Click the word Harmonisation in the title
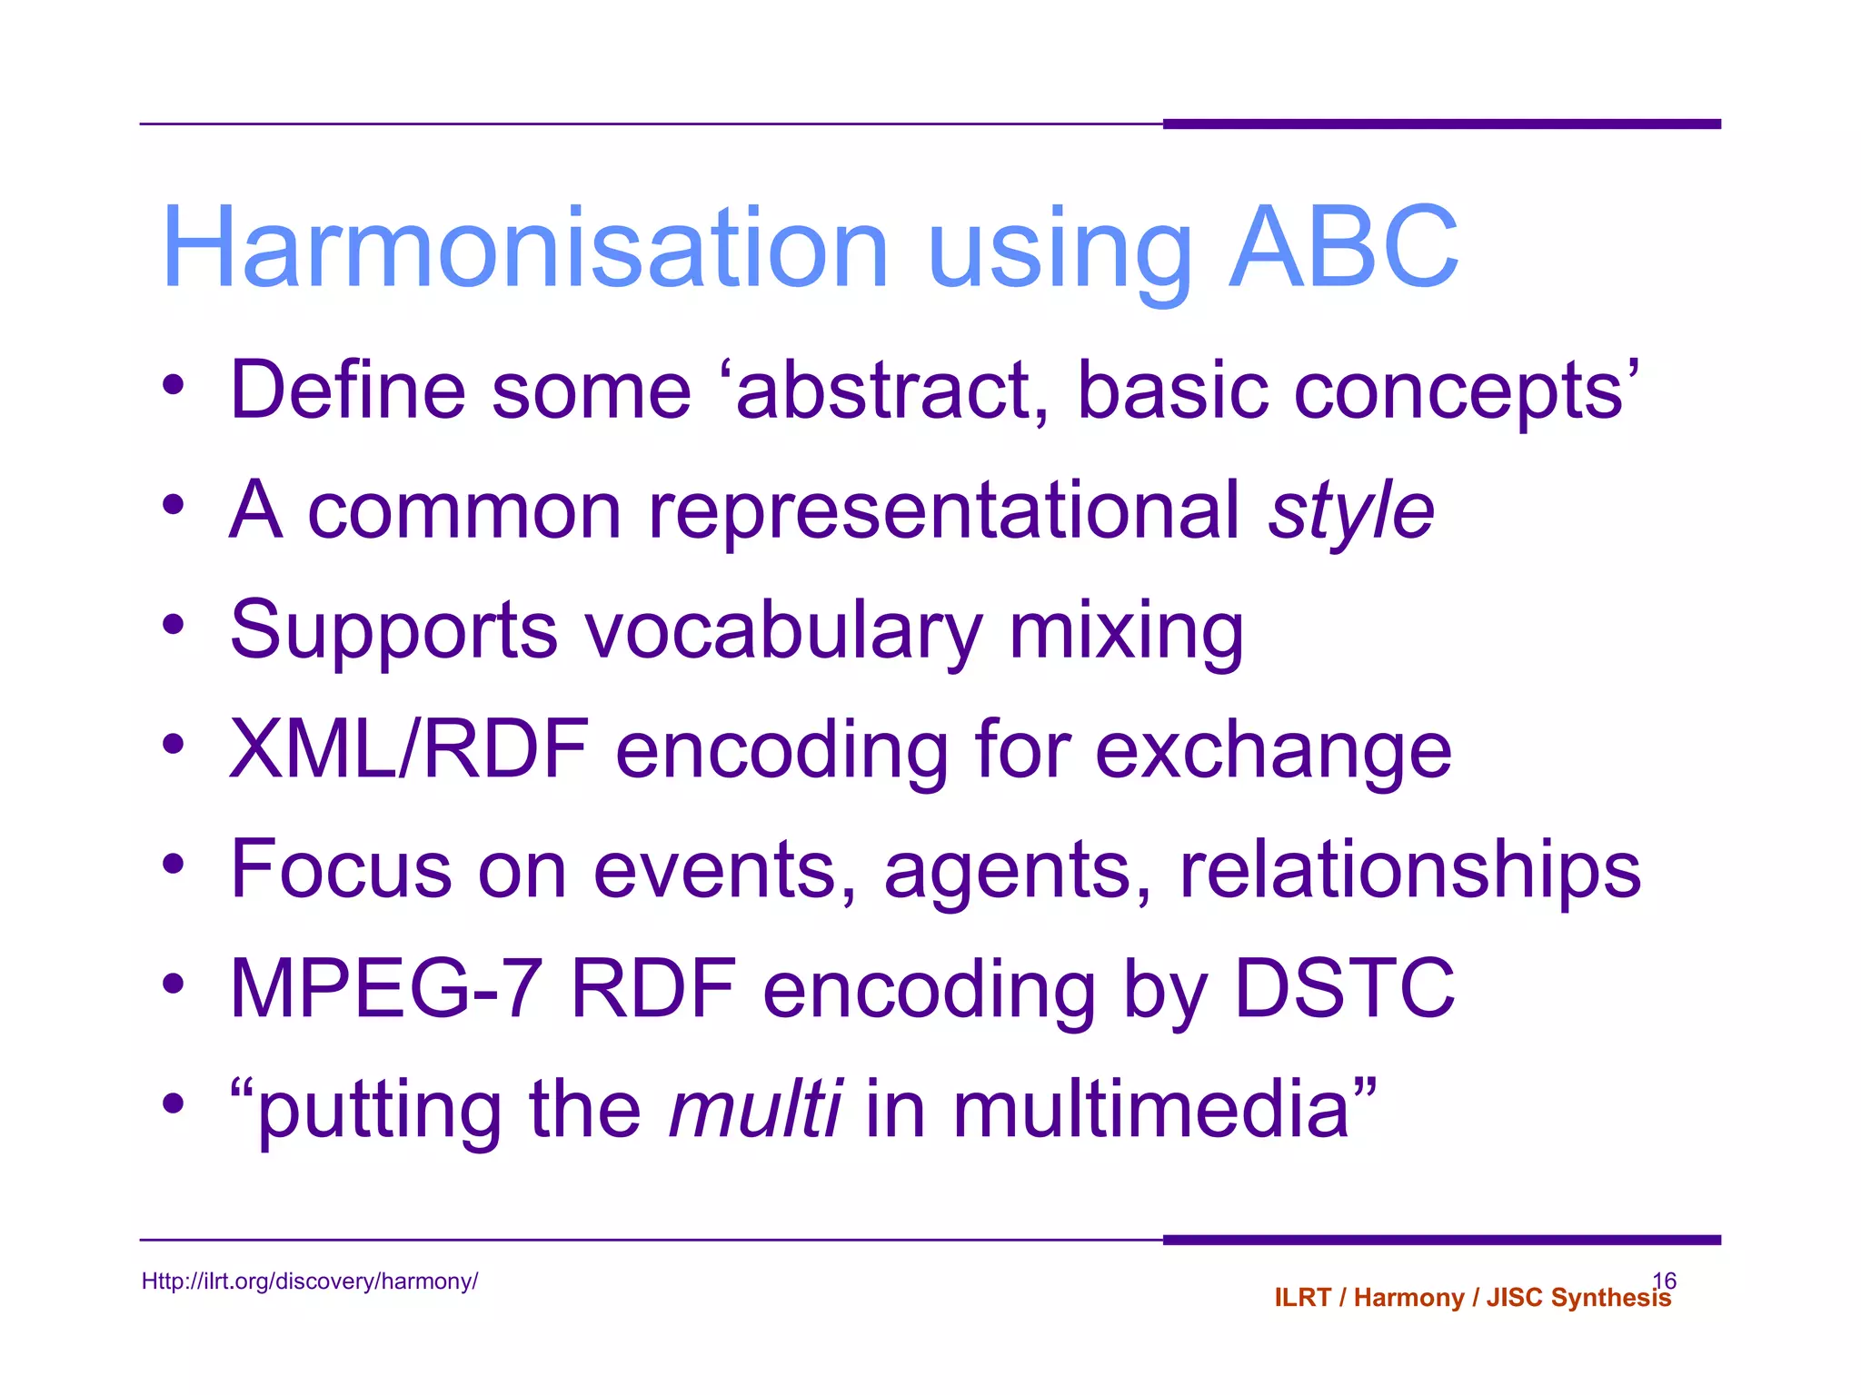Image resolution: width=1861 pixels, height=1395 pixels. [x=524, y=248]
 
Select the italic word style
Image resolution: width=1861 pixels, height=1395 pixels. [x=1351, y=512]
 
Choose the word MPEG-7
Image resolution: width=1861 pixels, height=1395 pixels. [x=386, y=989]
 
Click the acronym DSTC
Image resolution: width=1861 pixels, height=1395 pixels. [x=1344, y=989]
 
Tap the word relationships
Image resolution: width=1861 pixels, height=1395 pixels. [x=1409, y=871]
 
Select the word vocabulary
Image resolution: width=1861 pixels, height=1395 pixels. [x=782, y=631]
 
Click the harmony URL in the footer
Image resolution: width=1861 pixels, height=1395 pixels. [x=310, y=1281]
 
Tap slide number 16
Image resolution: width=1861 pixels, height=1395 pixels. [x=1664, y=1280]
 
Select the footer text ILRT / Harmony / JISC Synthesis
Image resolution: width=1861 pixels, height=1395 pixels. [x=1472, y=1298]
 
